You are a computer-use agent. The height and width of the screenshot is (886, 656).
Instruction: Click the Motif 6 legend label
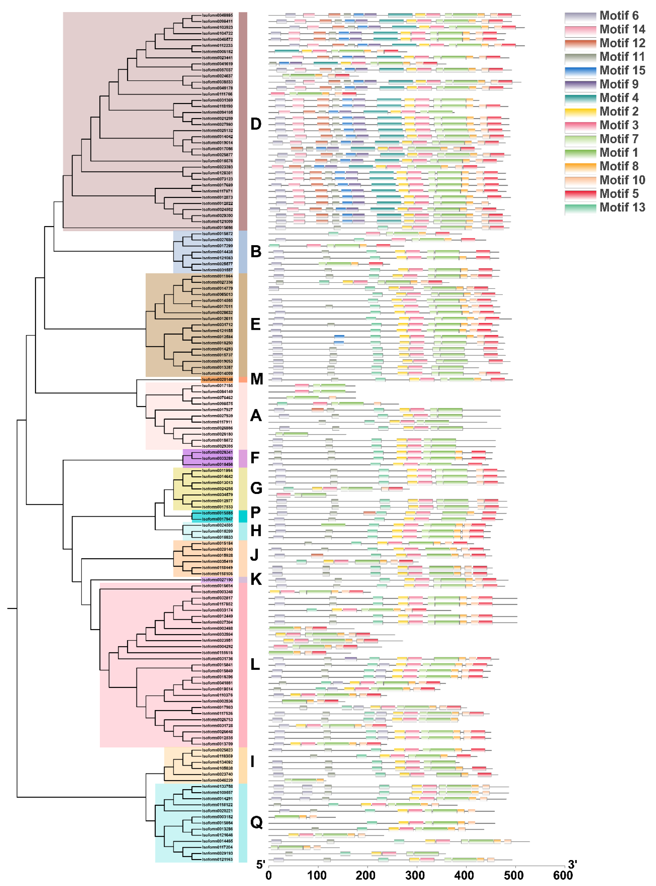(x=619, y=16)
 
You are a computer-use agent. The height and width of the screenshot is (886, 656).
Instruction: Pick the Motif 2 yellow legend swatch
(x=580, y=112)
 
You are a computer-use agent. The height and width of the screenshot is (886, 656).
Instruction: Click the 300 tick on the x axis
(x=415, y=875)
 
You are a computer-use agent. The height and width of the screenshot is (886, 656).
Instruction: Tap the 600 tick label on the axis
(x=563, y=875)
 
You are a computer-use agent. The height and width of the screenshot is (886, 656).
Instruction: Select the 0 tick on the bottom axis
(x=269, y=875)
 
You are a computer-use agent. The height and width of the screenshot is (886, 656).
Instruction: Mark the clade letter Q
(x=256, y=822)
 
